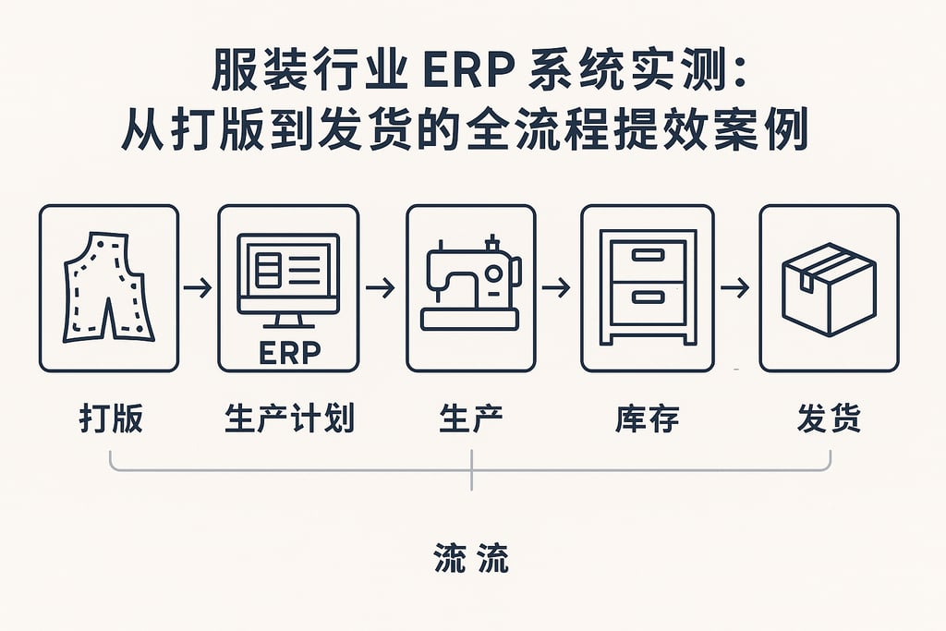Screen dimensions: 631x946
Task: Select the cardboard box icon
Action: pyautogui.click(x=829, y=288)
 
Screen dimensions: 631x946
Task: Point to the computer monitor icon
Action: pyautogui.click(x=288, y=275)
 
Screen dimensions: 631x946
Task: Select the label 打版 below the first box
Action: pyautogui.click(x=110, y=419)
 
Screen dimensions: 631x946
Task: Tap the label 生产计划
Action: pyautogui.click(x=288, y=419)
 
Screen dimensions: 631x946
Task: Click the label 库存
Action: pyautogui.click(x=647, y=419)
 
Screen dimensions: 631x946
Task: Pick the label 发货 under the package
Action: pyautogui.click(x=829, y=419)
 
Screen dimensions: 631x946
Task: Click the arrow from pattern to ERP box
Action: pyautogui.click(x=198, y=288)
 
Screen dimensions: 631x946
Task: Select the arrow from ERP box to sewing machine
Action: pyautogui.click(x=380, y=288)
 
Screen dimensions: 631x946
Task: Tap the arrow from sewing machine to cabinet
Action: pyautogui.click(x=556, y=288)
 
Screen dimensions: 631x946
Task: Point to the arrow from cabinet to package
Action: pyautogui.click(x=734, y=288)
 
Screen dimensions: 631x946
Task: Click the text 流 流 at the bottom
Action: pyautogui.click(x=471, y=559)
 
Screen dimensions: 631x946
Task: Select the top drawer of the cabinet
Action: pyautogui.click(x=647, y=255)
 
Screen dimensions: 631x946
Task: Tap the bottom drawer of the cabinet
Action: pyautogui.click(x=647, y=297)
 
